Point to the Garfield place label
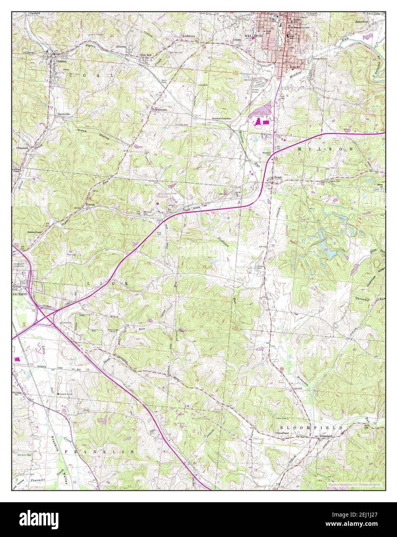35,13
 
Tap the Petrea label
90,206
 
